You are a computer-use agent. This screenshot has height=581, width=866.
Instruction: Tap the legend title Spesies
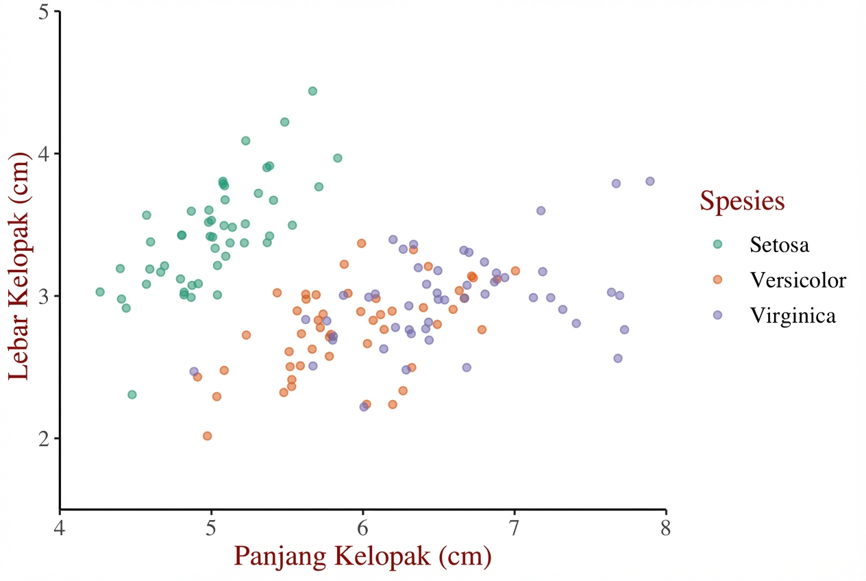[741, 201]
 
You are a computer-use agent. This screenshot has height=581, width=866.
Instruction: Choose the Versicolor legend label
[797, 280]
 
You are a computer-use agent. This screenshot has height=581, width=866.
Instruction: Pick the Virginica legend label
[793, 315]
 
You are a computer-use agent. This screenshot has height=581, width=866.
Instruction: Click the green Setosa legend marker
[717, 244]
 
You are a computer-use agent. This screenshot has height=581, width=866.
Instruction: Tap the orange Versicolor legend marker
[717, 280]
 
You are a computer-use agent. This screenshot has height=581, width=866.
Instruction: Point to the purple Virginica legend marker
[717, 315]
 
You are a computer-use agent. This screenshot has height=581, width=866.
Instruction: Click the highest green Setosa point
[312, 91]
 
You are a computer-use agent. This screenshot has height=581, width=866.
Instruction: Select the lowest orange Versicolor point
[207, 436]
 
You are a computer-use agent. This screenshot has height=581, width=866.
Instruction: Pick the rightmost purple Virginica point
[649, 182]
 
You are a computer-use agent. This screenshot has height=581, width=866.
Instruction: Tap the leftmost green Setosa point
[100, 292]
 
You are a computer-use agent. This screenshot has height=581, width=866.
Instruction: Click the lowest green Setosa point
[132, 395]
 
